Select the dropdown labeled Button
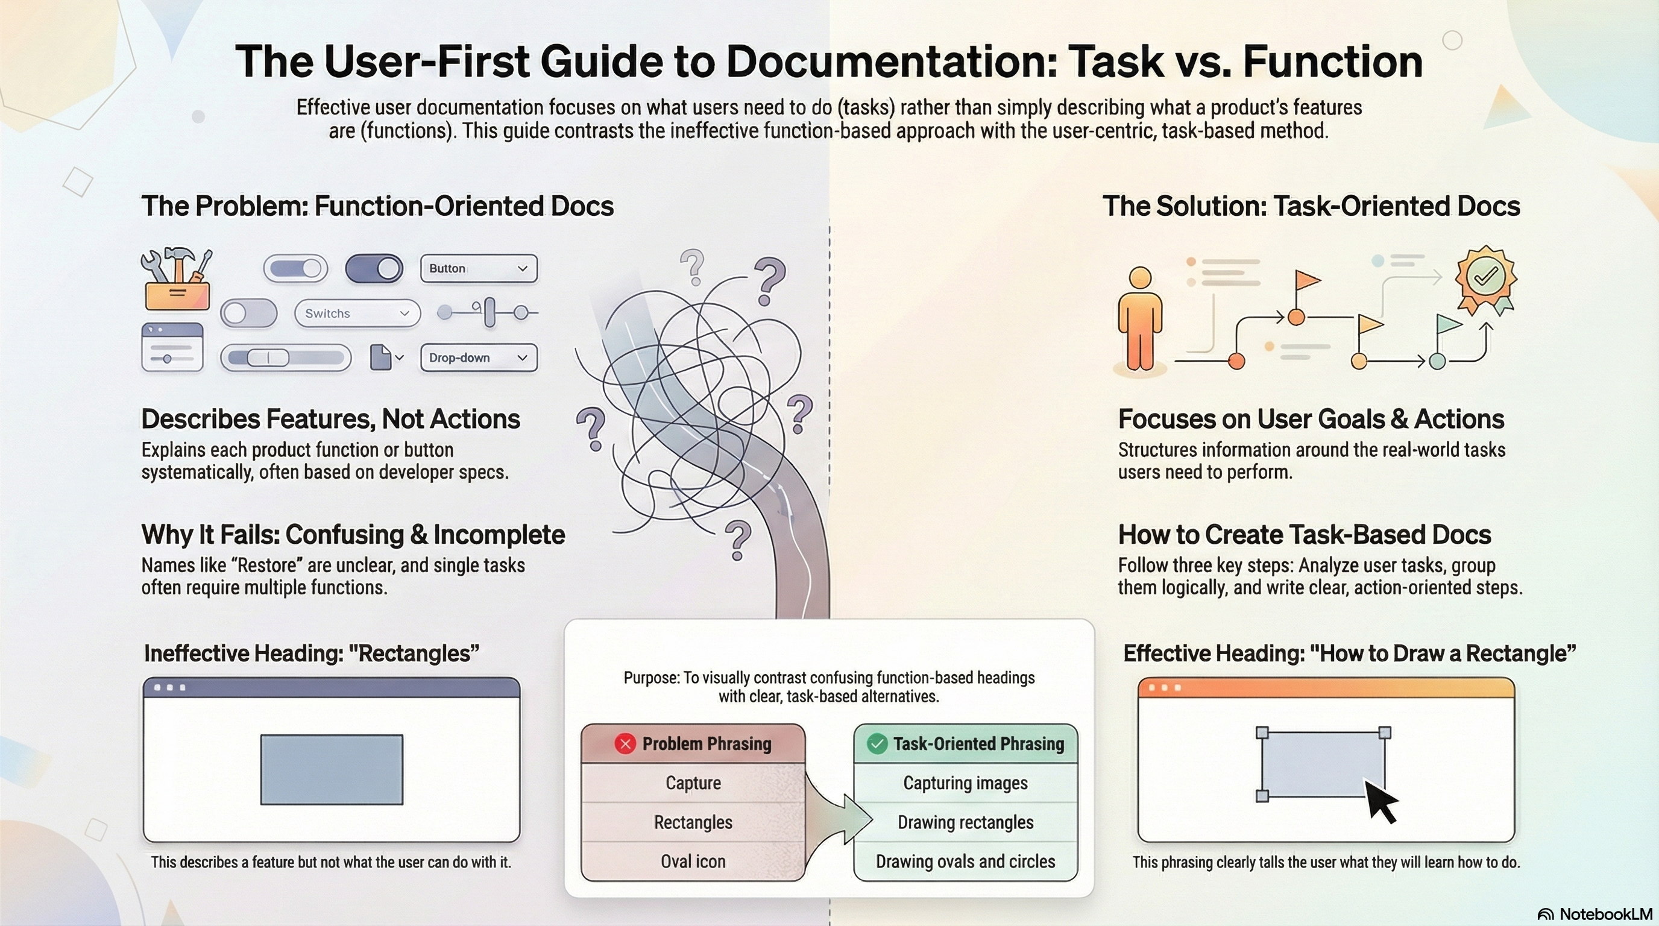click(479, 268)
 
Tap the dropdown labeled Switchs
click(357, 313)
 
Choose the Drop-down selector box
click(479, 358)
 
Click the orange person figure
click(1140, 319)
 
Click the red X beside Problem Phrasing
click(625, 745)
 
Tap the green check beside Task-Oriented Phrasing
click(877, 745)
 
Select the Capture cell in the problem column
click(693, 783)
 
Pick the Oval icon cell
click(693, 861)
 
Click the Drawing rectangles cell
click(965, 822)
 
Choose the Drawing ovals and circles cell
click(965, 861)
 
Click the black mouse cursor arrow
click(1380, 801)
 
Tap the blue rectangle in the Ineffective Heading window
click(332, 769)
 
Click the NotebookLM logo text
click(1605, 915)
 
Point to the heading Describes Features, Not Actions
click(330, 419)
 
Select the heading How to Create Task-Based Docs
click(1304, 535)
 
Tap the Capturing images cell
click(965, 783)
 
